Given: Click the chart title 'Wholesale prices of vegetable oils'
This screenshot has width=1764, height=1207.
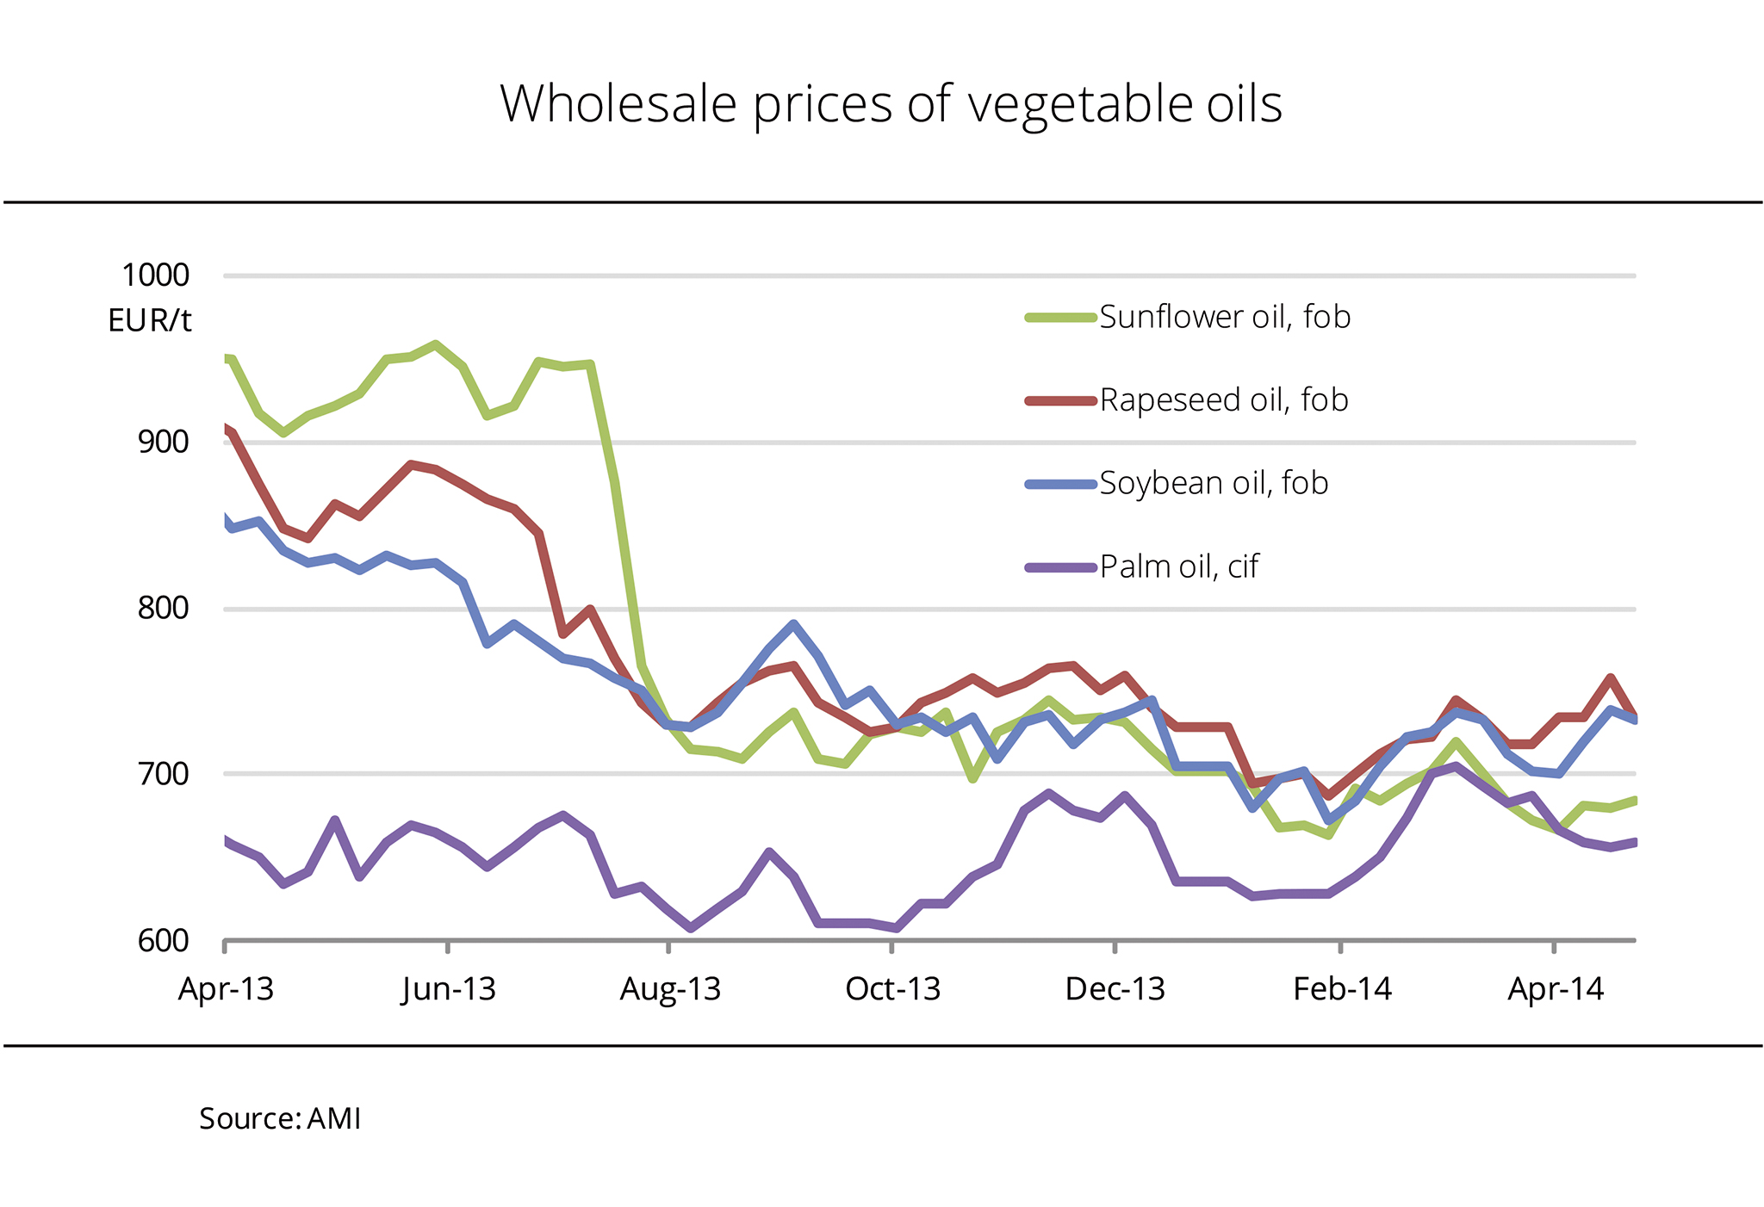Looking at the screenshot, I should click(891, 104).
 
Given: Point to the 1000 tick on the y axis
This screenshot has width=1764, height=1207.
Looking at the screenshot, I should click(155, 275).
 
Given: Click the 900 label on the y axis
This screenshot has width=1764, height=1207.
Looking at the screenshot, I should click(163, 443).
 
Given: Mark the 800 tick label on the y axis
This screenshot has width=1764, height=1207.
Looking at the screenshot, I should click(163, 609).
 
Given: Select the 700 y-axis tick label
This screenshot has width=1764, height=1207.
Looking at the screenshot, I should click(163, 774).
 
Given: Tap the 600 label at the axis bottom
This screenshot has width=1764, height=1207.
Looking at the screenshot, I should click(163, 940).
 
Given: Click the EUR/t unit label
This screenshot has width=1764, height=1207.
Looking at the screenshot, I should click(149, 321).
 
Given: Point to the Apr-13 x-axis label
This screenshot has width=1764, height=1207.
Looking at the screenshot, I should click(226, 989).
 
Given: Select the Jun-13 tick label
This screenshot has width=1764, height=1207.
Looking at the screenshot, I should click(449, 989).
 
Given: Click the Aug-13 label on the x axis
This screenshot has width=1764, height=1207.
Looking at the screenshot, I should click(670, 989).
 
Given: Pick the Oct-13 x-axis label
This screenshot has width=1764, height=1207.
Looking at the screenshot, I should click(892, 989).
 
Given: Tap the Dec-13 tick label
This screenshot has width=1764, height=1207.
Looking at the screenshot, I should click(1115, 989).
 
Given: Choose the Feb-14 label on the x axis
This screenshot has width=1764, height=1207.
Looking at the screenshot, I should click(1342, 989).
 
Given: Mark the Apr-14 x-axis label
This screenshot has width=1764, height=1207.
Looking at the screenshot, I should click(1556, 989).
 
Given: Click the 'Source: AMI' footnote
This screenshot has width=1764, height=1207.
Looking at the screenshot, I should click(280, 1118).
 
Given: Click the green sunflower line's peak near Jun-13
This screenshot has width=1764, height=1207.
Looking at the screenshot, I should click(436, 344).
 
